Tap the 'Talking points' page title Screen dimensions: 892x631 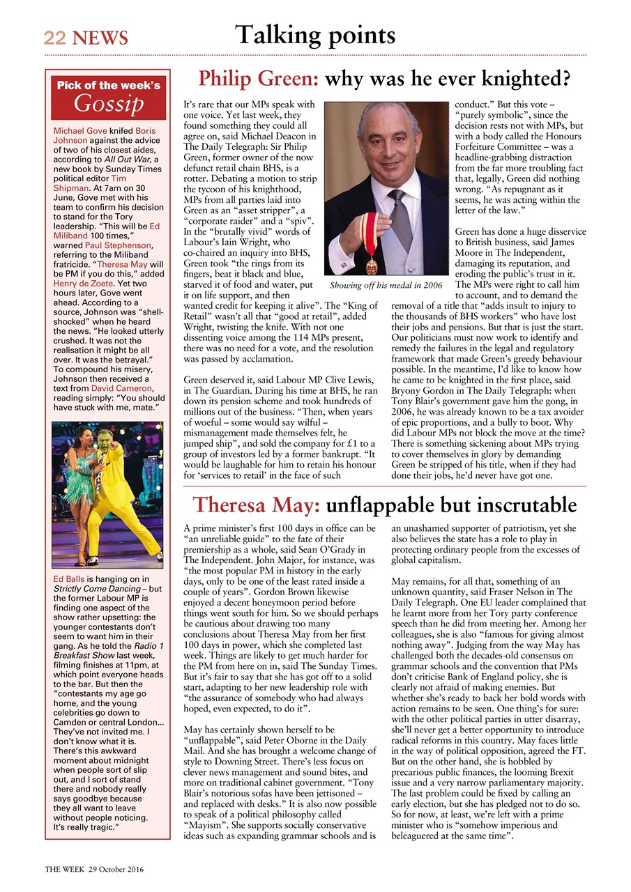(x=315, y=35)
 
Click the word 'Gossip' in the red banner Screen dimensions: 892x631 (x=109, y=103)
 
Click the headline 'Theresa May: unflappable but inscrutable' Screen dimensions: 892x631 (x=384, y=504)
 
